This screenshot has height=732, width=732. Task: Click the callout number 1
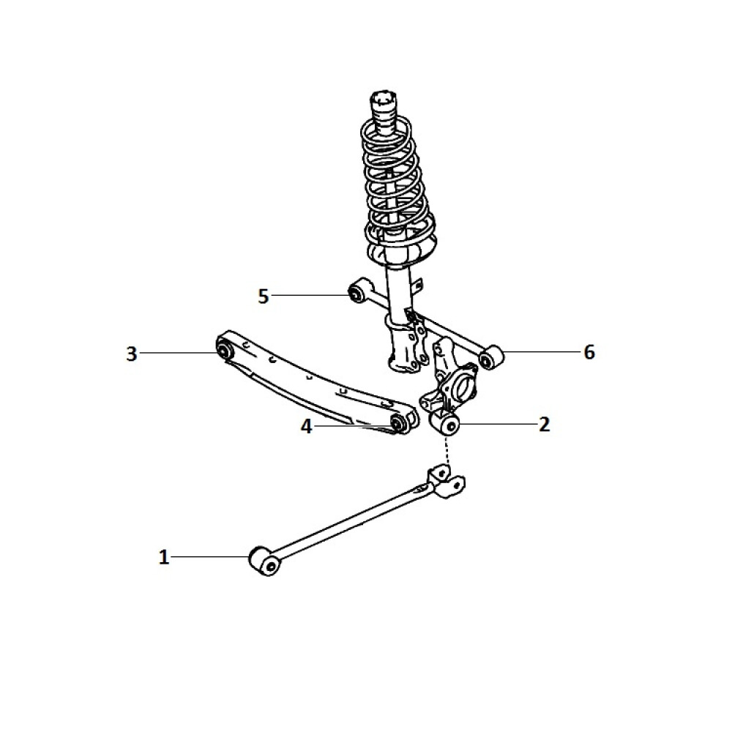point(164,557)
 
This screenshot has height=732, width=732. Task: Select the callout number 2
point(545,425)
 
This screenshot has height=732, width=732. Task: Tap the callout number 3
point(132,354)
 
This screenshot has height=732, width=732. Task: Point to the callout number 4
point(306,426)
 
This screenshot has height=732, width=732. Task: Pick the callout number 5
point(264,296)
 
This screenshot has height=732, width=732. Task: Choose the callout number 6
point(589,352)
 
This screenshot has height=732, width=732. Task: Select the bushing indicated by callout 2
point(445,424)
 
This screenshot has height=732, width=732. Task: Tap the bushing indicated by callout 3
point(224,348)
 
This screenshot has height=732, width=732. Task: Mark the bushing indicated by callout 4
point(397,423)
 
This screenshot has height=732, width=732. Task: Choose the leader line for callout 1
point(211,556)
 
